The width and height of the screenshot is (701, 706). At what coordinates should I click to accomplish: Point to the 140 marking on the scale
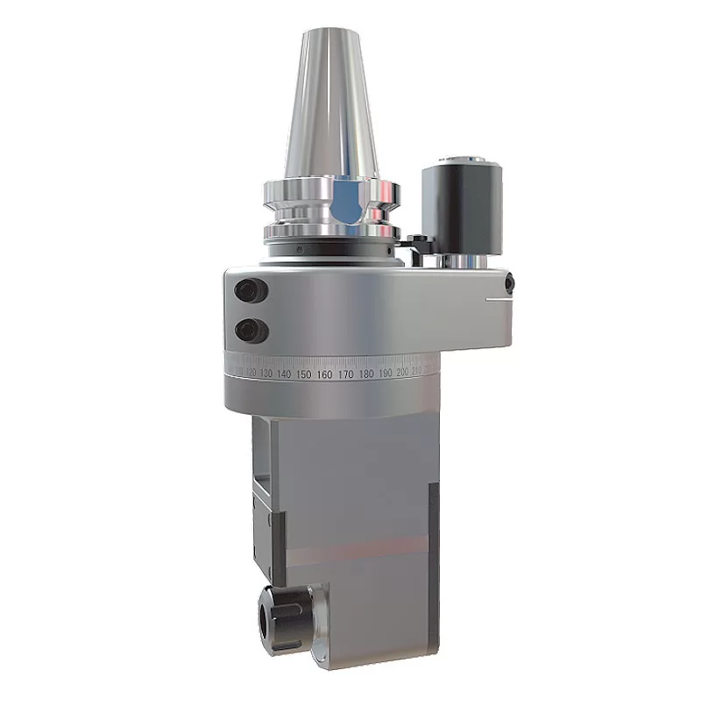click(283, 374)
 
